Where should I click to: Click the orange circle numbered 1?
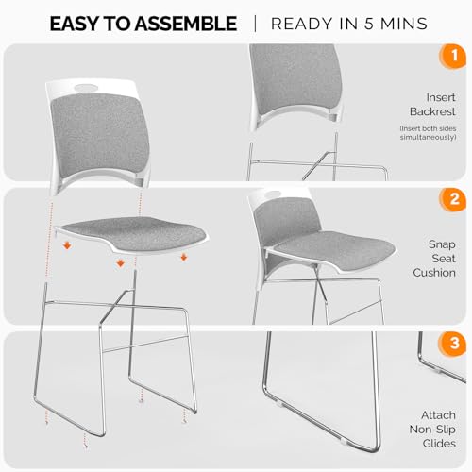pyautogui.click(x=453, y=57)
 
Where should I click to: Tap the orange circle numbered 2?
pyautogui.click(x=453, y=199)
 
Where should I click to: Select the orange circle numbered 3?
pyautogui.click(x=453, y=343)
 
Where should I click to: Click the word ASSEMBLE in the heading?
pyautogui.click(x=186, y=24)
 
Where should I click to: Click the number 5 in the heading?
pyautogui.click(x=369, y=24)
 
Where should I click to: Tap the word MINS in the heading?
pyautogui.click(x=404, y=24)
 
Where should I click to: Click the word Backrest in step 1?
pyautogui.click(x=432, y=111)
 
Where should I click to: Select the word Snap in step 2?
pyautogui.click(x=442, y=244)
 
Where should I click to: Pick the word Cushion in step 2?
pyautogui.click(x=434, y=273)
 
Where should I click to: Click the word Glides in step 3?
pyautogui.click(x=439, y=444)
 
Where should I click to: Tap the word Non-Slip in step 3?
pyautogui.click(x=432, y=430)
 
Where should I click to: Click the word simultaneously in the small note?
pyautogui.click(x=428, y=137)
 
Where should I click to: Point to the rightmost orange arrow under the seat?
pyautogui.click(x=184, y=258)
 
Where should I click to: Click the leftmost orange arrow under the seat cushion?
pyautogui.click(x=67, y=245)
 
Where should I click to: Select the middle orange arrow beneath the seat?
pyautogui.click(x=121, y=263)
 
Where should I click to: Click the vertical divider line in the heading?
pyautogui.click(x=255, y=24)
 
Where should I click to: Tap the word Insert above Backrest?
pyautogui.click(x=441, y=97)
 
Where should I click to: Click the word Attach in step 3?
pyautogui.click(x=438, y=415)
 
